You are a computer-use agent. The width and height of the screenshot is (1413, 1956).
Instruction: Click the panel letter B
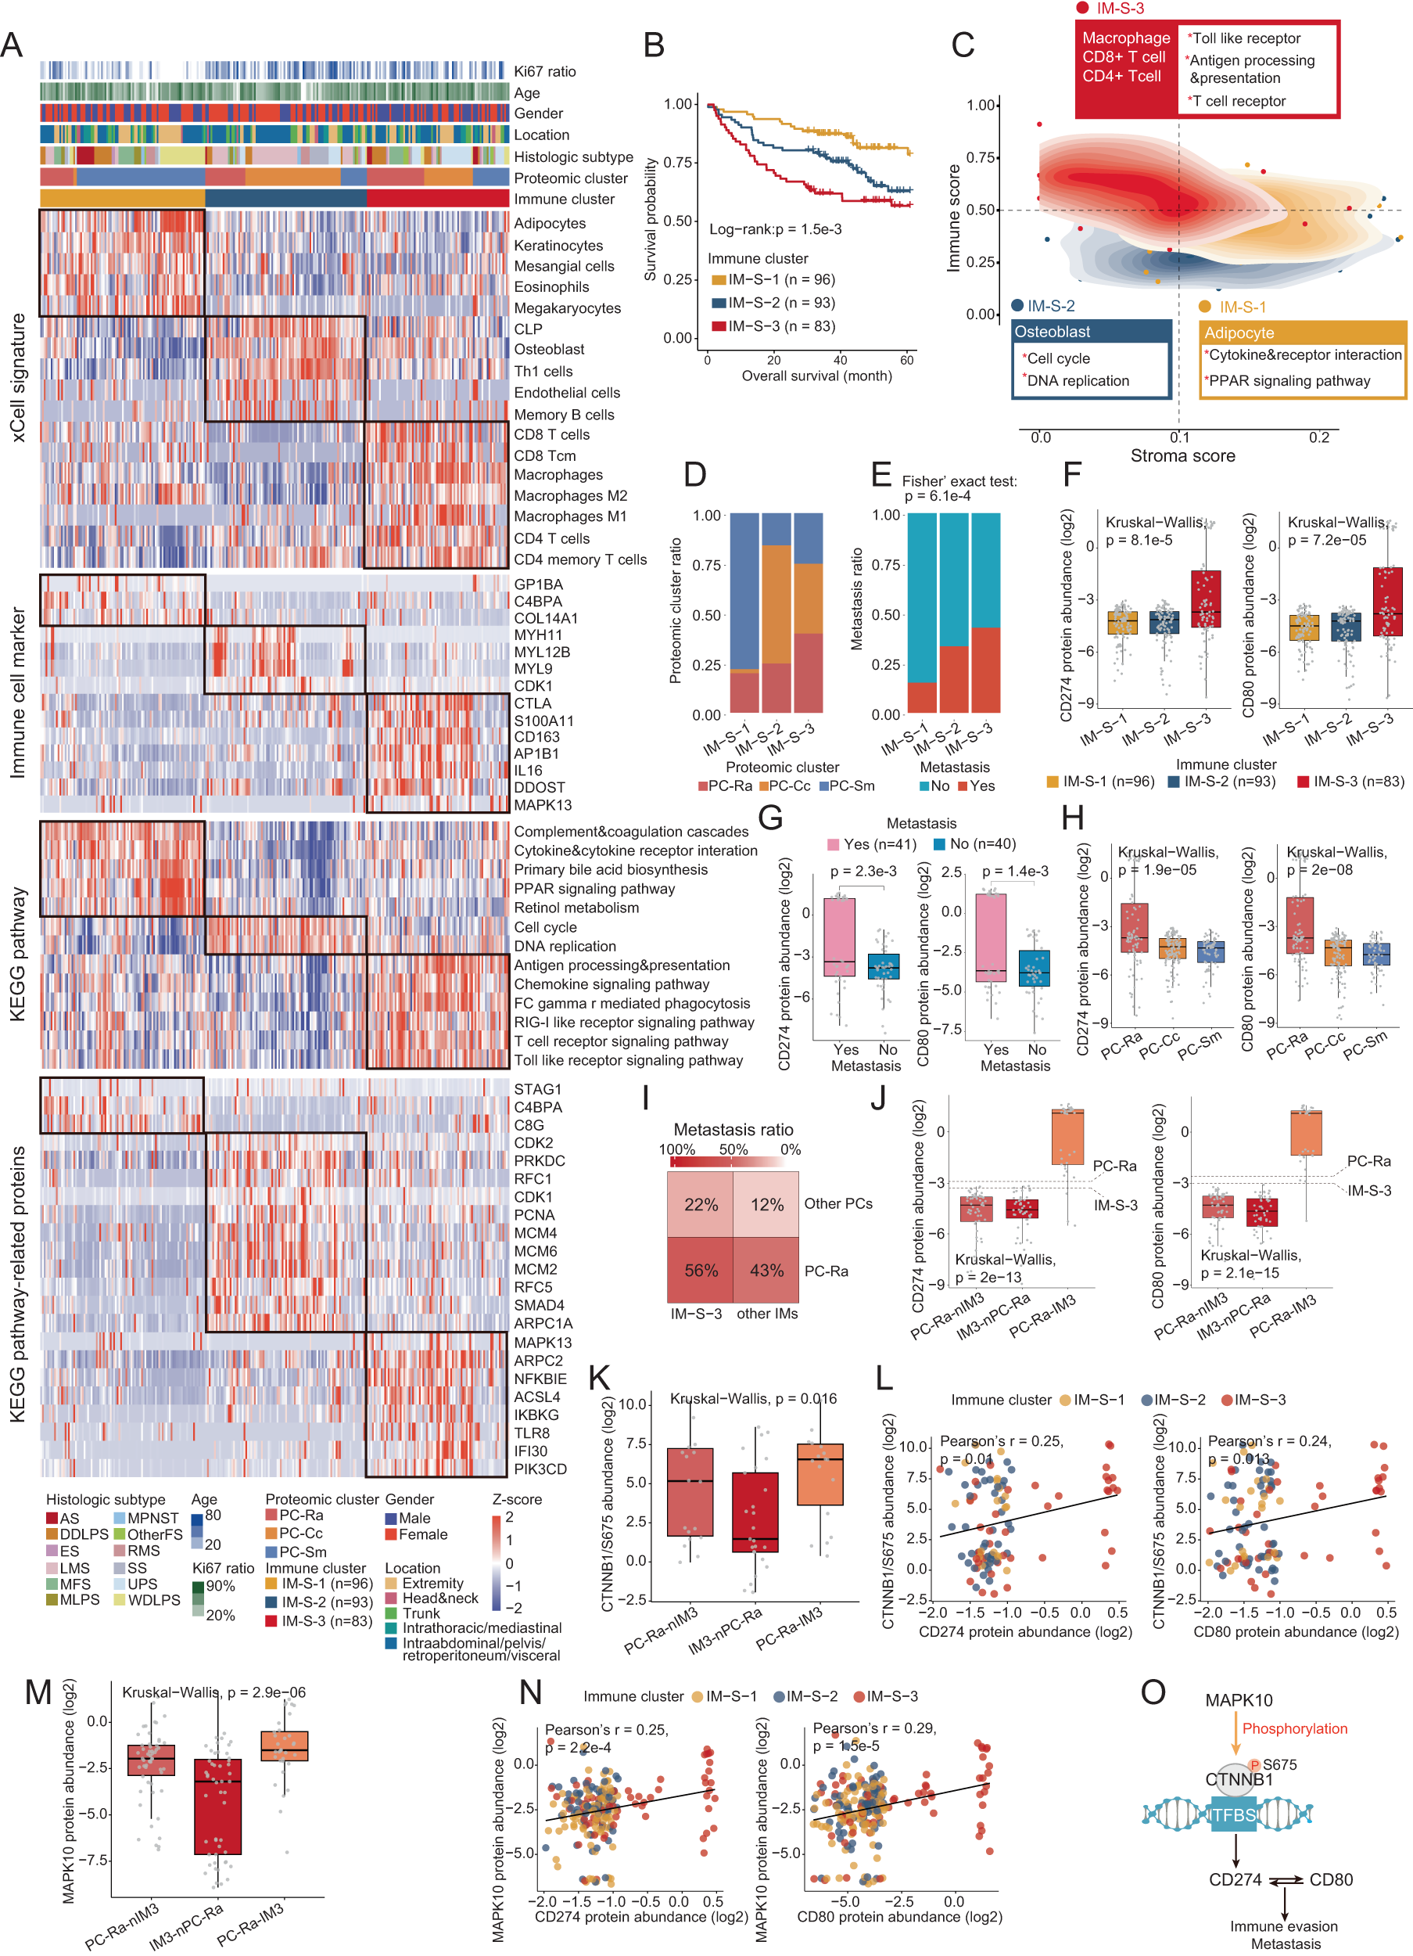[654, 45]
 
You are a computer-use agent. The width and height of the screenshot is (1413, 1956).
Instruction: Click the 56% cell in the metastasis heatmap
[700, 1271]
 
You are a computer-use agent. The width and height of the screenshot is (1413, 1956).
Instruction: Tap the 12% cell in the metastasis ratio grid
[766, 1204]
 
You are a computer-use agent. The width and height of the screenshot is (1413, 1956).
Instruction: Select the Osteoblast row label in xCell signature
[548, 349]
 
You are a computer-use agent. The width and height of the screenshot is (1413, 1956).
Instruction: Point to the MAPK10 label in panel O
[1238, 1700]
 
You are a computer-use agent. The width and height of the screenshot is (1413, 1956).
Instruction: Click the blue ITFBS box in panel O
[1233, 1814]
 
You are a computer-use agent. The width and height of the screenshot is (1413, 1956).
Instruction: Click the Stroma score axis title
[1182, 455]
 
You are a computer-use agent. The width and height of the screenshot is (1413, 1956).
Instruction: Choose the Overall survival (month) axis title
[816, 376]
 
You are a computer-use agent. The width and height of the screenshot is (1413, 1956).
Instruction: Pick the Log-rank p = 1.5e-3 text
[775, 229]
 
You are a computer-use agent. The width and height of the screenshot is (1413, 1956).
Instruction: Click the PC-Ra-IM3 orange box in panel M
[285, 1746]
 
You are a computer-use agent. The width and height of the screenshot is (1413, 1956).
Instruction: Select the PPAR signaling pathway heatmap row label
[594, 888]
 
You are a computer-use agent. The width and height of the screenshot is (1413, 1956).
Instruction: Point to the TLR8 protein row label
[532, 1433]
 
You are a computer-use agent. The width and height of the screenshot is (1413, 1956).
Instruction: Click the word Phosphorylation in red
[1294, 1728]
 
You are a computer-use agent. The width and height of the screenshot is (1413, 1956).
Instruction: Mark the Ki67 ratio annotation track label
[544, 71]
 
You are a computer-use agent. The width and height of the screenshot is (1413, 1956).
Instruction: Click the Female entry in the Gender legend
[422, 1534]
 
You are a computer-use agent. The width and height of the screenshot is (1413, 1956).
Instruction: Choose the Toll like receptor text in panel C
[1246, 38]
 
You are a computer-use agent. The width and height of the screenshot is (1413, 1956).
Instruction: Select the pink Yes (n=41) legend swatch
[833, 844]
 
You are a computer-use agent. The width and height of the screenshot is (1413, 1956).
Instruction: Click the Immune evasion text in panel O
[1283, 1925]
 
